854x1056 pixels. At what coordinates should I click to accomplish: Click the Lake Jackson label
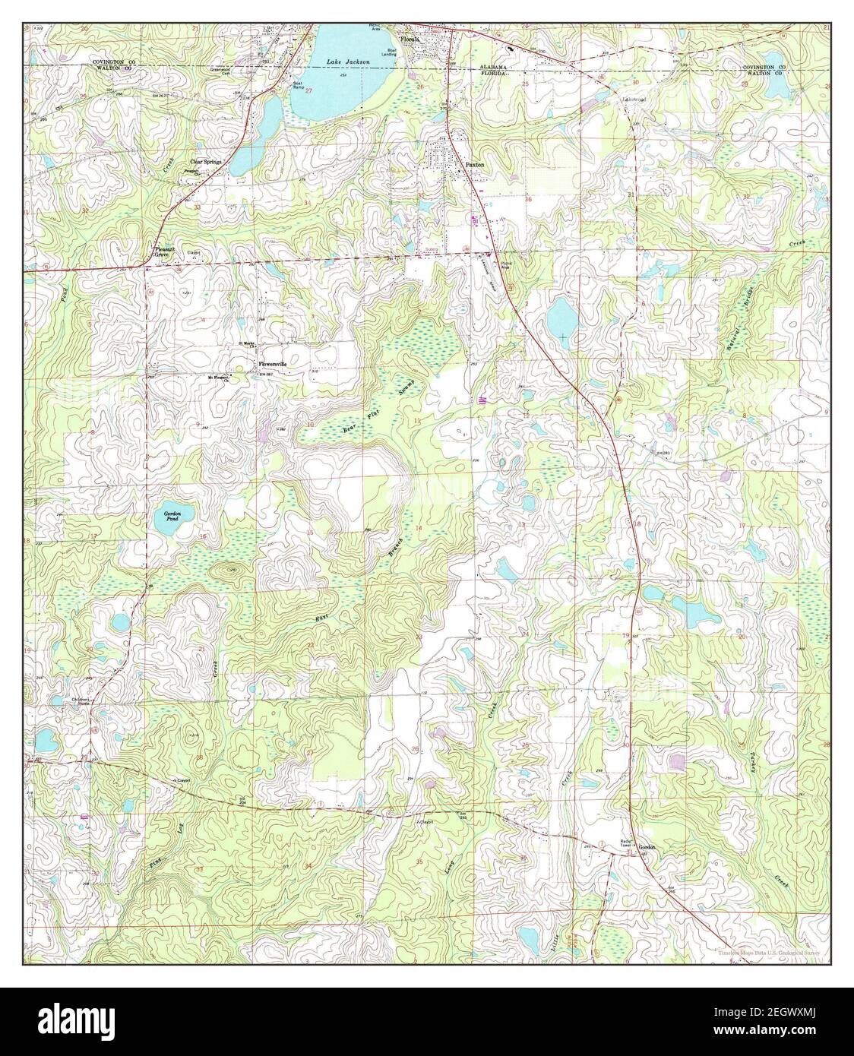[x=348, y=61]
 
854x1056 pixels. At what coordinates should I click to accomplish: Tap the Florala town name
[x=410, y=37]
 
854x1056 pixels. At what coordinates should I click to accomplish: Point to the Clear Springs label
[x=205, y=162]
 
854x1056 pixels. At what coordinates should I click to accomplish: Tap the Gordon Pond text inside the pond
[x=172, y=517]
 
